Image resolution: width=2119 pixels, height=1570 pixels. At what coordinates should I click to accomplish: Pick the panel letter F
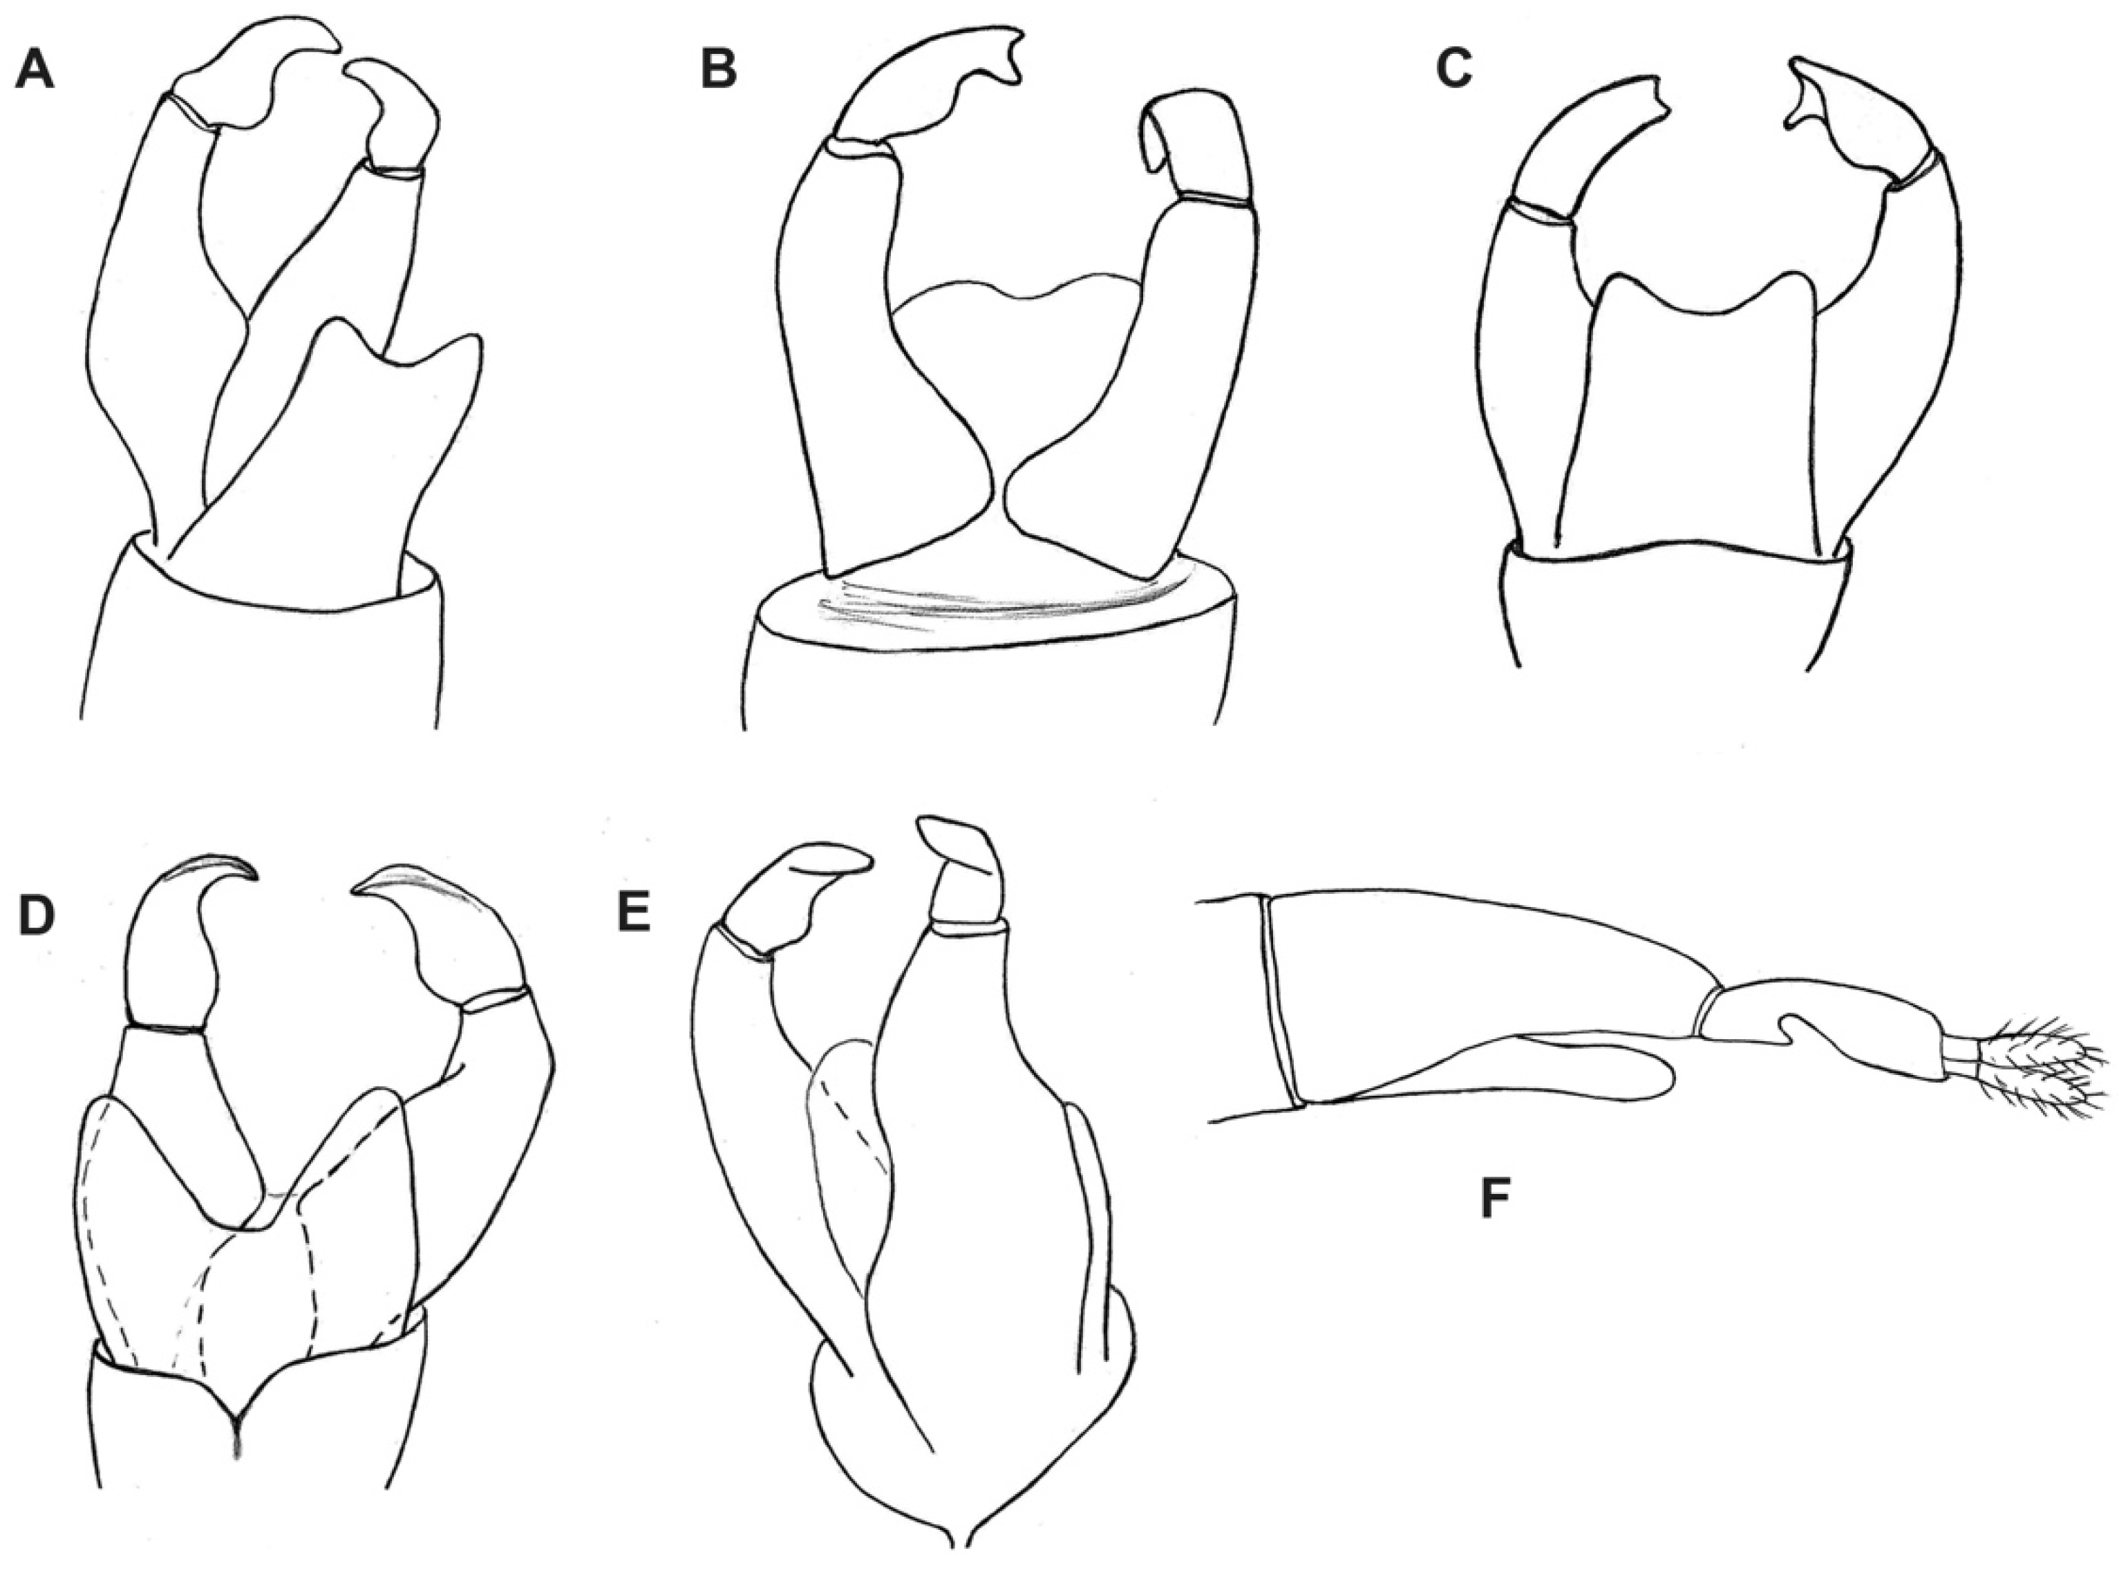click(1496, 1199)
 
